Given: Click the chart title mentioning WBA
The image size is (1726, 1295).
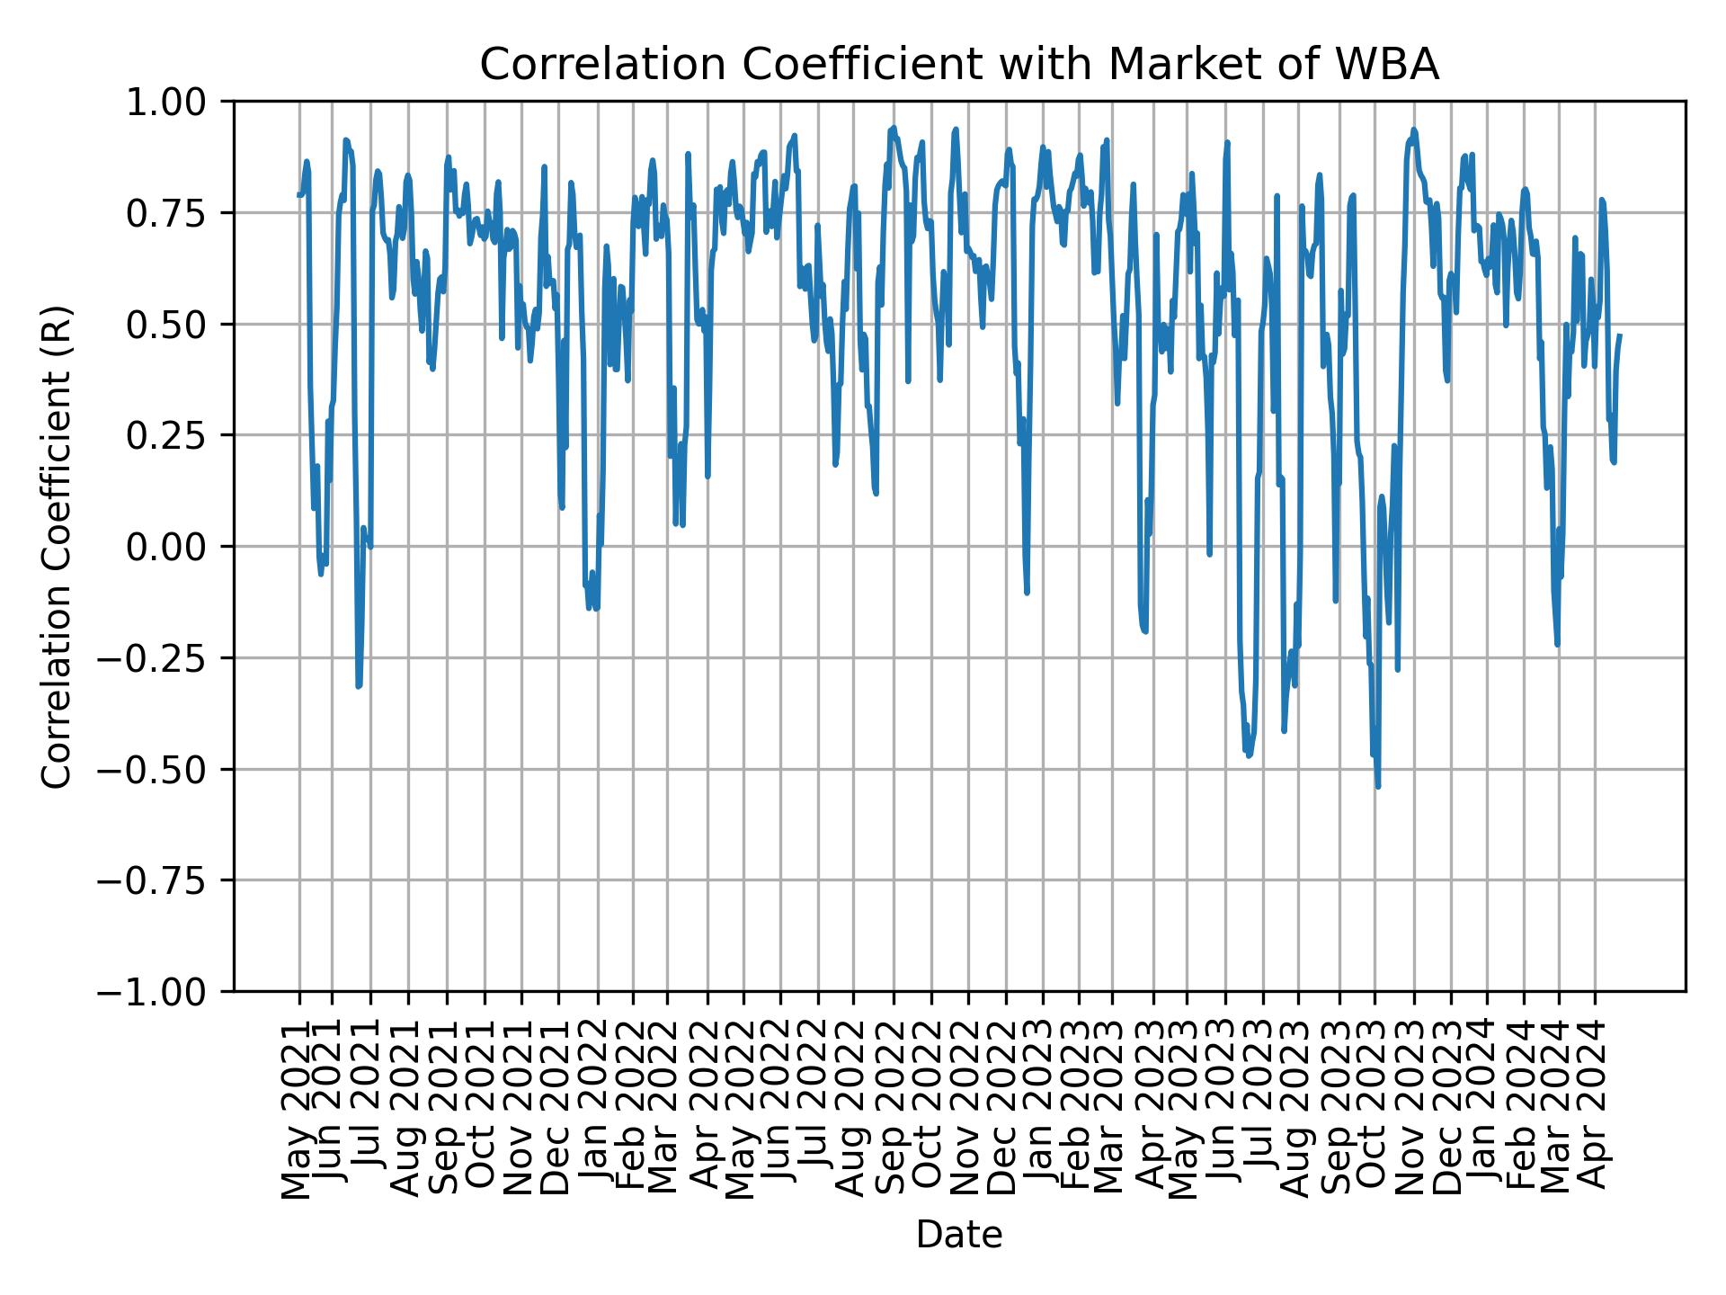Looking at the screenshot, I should click(x=959, y=65).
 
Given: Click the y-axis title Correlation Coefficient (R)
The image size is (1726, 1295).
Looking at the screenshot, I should click(x=57, y=546).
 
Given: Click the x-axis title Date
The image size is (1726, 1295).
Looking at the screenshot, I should click(x=959, y=1235).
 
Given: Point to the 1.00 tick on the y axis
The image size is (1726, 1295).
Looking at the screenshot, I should click(x=175, y=102).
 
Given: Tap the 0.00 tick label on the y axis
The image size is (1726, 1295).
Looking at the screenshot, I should click(x=175, y=547).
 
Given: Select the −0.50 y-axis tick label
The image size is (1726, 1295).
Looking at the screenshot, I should click(x=163, y=769).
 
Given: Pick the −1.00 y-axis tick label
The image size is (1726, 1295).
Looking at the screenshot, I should click(x=163, y=991).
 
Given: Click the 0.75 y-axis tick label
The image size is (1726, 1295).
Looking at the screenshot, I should click(x=175, y=213).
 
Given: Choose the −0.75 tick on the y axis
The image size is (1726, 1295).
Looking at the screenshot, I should click(x=163, y=880).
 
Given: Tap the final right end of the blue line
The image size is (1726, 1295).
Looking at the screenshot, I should click(x=1620, y=335).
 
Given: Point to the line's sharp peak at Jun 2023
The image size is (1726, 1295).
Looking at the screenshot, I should click(x=1227, y=142).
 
